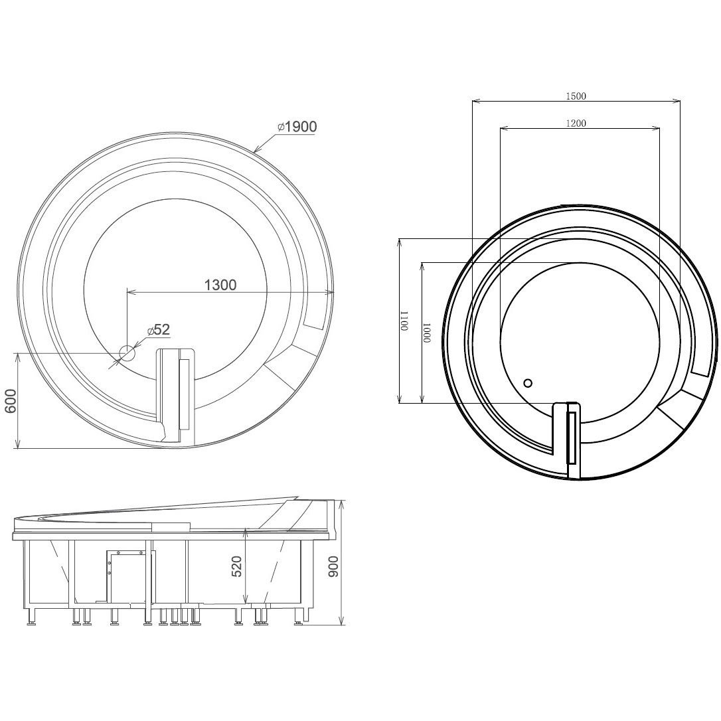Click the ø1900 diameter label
(x=297, y=126)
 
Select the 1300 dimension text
(x=220, y=285)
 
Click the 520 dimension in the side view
(x=236, y=566)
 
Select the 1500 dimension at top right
(x=576, y=96)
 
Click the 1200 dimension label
(x=576, y=123)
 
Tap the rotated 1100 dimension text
(x=404, y=321)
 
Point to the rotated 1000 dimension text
(x=427, y=333)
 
